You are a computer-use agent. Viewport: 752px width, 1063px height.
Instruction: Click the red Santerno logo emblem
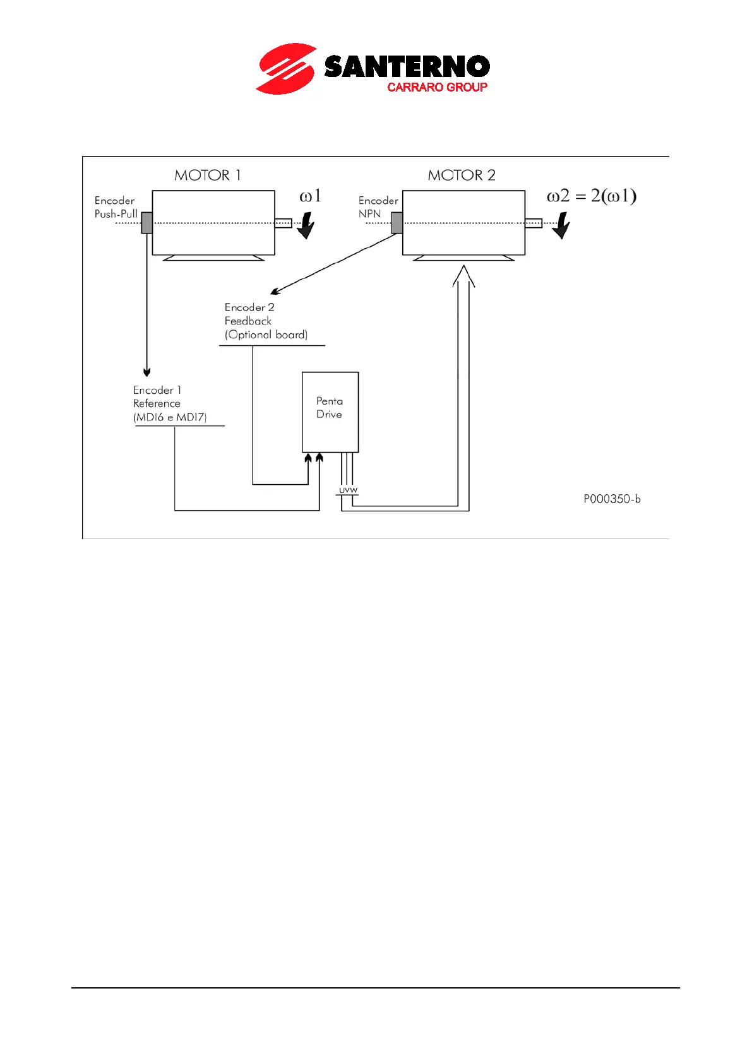(285, 69)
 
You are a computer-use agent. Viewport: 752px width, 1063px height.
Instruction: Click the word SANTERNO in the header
(407, 67)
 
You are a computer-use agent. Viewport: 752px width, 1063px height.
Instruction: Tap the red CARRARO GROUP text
(437, 87)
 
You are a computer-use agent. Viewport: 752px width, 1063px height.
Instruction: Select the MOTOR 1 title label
(208, 175)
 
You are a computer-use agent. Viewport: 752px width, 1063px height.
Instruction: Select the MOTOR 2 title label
(462, 175)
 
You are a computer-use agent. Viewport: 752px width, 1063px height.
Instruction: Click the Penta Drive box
(330, 412)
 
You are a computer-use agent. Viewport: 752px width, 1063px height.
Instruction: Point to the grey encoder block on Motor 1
(147, 223)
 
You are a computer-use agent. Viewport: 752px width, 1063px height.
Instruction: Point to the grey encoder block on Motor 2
(397, 223)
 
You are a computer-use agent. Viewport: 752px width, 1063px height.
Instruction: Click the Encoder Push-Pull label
(116, 207)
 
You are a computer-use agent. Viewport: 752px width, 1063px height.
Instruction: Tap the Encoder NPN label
(378, 207)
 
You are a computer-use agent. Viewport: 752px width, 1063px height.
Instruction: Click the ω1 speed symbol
(310, 196)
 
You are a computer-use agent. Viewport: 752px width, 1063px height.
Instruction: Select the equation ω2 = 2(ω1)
(591, 196)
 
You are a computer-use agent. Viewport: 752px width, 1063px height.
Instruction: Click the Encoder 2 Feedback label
(266, 321)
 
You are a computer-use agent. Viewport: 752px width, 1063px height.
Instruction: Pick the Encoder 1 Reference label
(169, 404)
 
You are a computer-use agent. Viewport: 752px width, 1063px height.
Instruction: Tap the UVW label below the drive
(348, 490)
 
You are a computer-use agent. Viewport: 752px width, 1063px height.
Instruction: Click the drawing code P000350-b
(611, 499)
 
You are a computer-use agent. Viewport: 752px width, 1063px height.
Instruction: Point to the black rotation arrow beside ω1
(306, 225)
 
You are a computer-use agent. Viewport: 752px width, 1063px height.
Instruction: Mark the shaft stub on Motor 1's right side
(283, 223)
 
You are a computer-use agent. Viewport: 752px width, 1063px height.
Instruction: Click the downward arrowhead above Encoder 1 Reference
(147, 372)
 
